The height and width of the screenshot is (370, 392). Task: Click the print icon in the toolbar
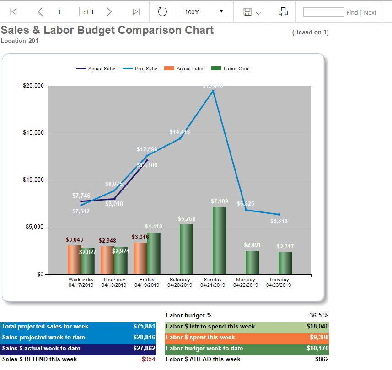click(x=283, y=12)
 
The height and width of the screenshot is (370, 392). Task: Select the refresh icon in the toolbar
click(x=162, y=12)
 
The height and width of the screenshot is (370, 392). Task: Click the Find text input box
click(x=323, y=12)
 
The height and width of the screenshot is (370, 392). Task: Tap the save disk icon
click(x=247, y=12)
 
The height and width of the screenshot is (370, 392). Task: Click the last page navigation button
click(x=136, y=12)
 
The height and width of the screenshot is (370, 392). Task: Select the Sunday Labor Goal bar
click(x=220, y=240)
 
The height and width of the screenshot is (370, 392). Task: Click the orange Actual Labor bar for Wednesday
click(x=74, y=259)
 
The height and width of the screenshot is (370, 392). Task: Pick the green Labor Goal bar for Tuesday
click(x=285, y=263)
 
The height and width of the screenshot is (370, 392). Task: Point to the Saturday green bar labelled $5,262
click(x=187, y=249)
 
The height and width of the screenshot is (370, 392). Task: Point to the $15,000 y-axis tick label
click(x=33, y=133)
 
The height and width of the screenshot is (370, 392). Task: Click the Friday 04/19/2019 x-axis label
click(x=147, y=282)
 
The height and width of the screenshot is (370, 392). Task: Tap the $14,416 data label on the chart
click(x=180, y=132)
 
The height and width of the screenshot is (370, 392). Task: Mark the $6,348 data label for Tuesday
click(x=279, y=221)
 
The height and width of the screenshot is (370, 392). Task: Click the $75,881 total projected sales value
click(x=144, y=327)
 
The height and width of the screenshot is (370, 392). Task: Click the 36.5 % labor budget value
click(x=319, y=315)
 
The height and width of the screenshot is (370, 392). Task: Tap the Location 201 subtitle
click(x=20, y=41)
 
